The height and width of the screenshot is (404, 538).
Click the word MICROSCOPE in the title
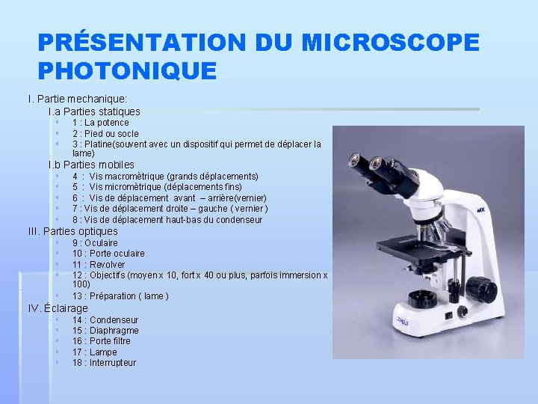(x=390, y=43)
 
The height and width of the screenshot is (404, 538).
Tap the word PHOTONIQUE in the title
(x=127, y=71)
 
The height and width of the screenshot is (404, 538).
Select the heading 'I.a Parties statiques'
(x=94, y=111)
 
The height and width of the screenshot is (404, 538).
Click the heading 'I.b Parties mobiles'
(x=91, y=165)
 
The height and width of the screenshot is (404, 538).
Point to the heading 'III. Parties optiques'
(x=72, y=231)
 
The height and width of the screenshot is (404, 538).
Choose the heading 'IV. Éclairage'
(x=58, y=308)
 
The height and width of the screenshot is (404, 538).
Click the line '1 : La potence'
(x=100, y=123)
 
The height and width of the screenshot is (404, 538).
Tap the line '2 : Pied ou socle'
(x=105, y=134)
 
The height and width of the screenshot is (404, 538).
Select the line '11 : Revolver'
(x=99, y=265)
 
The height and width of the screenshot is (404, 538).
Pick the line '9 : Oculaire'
(x=95, y=243)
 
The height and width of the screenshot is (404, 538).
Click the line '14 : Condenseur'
(x=105, y=320)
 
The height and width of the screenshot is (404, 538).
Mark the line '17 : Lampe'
(x=94, y=352)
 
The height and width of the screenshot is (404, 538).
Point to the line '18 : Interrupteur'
(x=104, y=363)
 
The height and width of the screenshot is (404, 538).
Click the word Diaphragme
(x=114, y=331)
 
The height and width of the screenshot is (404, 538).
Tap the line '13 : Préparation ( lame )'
(x=120, y=296)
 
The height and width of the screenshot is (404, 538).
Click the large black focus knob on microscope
(x=482, y=290)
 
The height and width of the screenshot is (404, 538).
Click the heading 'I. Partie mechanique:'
(x=77, y=99)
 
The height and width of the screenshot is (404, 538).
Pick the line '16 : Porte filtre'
(x=101, y=341)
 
